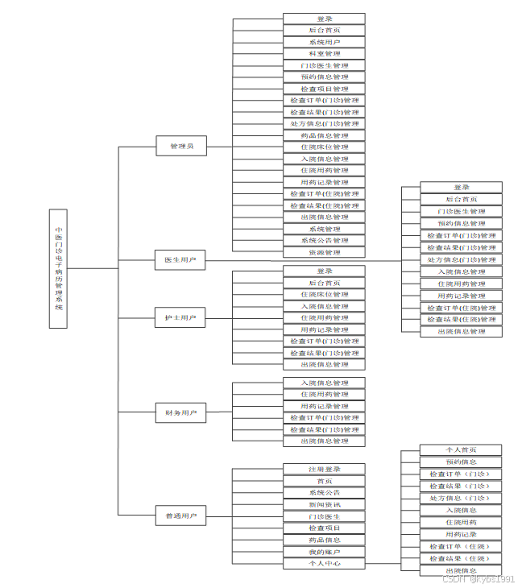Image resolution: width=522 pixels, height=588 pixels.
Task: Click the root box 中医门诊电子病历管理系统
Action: [x=58, y=267]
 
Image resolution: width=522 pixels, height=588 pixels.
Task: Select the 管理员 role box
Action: [x=180, y=147]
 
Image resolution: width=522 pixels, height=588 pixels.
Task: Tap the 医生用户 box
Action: [x=180, y=260]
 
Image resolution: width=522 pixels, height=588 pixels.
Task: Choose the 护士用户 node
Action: [x=180, y=318]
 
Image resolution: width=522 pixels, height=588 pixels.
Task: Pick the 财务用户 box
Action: [x=180, y=413]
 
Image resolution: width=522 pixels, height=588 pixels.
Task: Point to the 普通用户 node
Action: [x=180, y=516]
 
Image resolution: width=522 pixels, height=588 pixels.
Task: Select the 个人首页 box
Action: [x=461, y=449]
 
